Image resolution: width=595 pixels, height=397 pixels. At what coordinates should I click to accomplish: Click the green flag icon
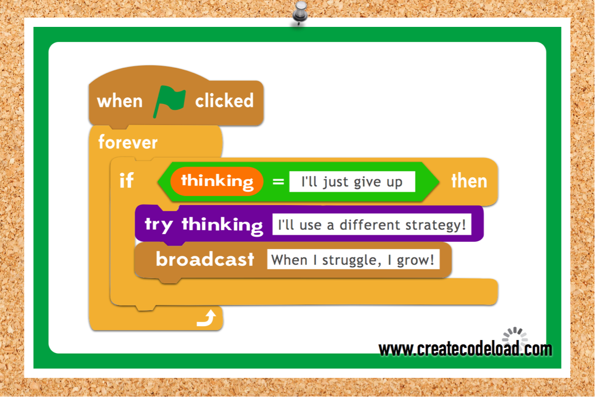pos(169,101)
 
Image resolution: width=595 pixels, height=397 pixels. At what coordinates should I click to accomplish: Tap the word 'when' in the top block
pos(119,101)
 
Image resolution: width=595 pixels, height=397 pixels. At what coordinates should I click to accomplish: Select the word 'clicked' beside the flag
pos(224,101)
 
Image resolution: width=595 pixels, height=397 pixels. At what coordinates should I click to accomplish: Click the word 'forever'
pos(128,143)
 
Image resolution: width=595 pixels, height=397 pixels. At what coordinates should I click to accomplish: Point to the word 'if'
pos(127,180)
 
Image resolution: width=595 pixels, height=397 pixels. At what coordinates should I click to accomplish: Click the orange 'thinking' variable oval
pos(217,181)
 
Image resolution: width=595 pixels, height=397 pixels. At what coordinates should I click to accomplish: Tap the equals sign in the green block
pos(278,181)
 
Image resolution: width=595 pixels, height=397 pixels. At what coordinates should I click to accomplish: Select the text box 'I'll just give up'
pos(352,181)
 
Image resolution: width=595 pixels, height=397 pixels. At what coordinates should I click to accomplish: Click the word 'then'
pos(469,181)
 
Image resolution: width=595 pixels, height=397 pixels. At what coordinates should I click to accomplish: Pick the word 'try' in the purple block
pos(159,225)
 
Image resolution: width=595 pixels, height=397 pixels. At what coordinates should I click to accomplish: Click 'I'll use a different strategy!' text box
pos(372,224)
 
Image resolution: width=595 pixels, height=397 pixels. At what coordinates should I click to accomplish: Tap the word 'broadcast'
pos(205,259)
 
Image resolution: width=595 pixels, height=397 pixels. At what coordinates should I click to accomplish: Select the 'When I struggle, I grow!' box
pos(353,259)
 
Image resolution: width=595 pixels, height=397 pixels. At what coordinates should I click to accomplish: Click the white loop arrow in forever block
pos(207,318)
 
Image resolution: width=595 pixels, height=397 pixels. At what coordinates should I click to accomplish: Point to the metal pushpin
pos(300,12)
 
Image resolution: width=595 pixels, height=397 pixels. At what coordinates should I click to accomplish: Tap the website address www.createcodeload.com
pos(465,349)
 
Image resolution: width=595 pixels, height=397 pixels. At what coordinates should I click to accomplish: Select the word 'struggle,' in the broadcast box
pos(351,260)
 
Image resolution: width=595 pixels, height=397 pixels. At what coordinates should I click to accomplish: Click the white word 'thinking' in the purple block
pos(223,224)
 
